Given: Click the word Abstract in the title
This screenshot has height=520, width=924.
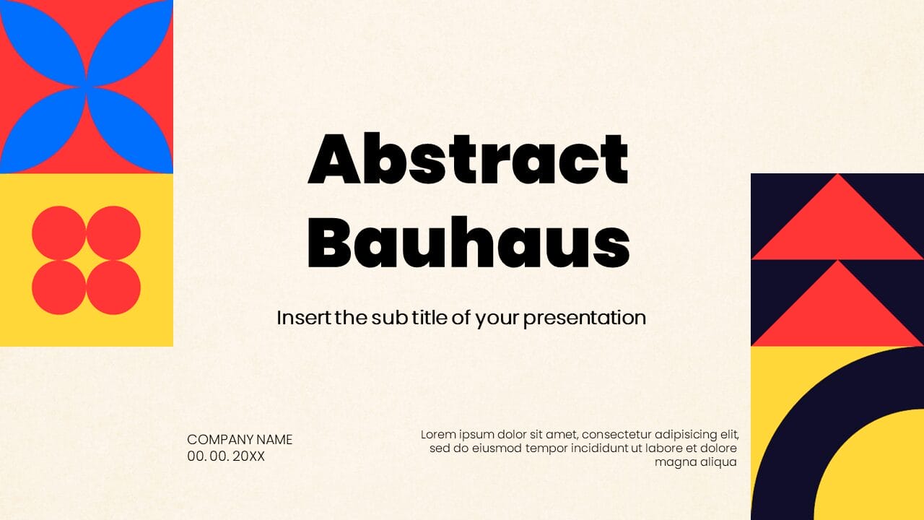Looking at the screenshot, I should (468, 159).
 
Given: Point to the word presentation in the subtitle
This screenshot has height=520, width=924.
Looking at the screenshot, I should (584, 317).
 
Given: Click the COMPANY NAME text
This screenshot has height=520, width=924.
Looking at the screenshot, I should (240, 439).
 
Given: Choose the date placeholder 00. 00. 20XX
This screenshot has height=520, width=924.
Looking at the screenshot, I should (226, 456).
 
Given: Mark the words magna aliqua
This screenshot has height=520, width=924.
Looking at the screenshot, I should (695, 462).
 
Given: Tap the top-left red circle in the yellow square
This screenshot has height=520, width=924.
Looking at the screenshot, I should (59, 233).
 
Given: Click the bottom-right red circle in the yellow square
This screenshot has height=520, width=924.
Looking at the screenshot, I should (113, 287).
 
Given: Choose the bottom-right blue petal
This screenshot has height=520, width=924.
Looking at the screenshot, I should (130, 130).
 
